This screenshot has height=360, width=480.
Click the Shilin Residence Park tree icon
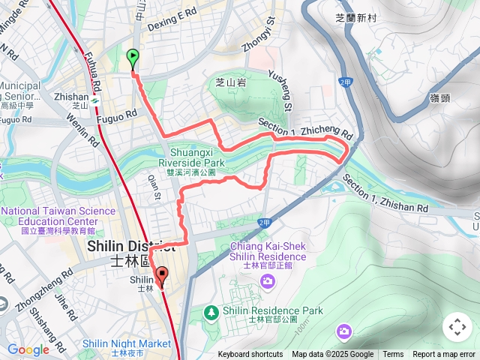click(213, 311)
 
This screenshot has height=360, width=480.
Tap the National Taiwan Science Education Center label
click(49, 217)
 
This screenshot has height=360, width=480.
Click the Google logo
click(28, 349)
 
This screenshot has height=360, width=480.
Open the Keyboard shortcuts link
click(250, 355)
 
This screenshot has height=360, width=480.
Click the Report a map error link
click(443, 355)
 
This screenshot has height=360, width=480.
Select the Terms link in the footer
click(393, 355)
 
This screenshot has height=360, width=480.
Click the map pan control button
click(457, 327)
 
